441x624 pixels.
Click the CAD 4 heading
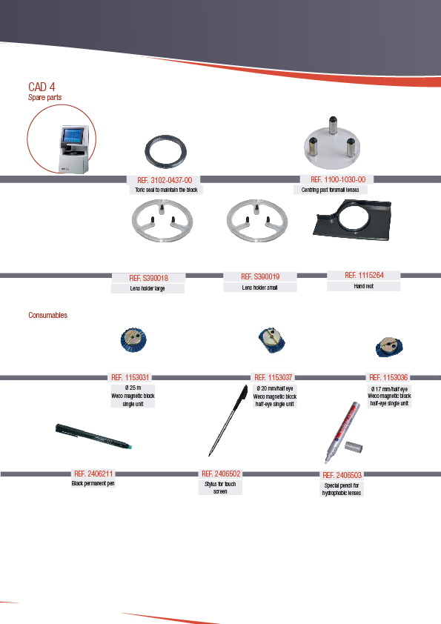pyautogui.click(x=42, y=87)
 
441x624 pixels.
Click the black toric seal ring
pyautogui.click(x=165, y=139)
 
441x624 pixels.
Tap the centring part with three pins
pyautogui.click(x=332, y=144)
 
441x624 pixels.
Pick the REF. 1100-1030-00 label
pyautogui.click(x=338, y=179)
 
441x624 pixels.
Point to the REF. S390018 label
pyautogui.click(x=148, y=278)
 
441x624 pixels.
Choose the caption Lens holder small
pyautogui.click(x=259, y=288)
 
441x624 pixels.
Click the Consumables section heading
pyautogui.click(x=47, y=315)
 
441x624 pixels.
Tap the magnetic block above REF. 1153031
pyautogui.click(x=133, y=339)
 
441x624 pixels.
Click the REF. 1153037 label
pyautogui.click(x=273, y=377)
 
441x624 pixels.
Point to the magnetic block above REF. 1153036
pyautogui.click(x=389, y=347)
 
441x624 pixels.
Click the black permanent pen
pyautogui.click(x=93, y=437)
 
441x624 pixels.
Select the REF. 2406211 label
pyautogui.click(x=93, y=474)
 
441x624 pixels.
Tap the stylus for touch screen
pyautogui.click(x=228, y=420)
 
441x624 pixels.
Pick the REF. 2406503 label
pyautogui.click(x=342, y=475)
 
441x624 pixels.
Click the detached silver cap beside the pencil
pyautogui.click(x=354, y=447)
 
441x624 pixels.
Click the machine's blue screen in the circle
pyautogui.click(x=73, y=136)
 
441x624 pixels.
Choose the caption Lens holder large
pyautogui.click(x=147, y=288)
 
